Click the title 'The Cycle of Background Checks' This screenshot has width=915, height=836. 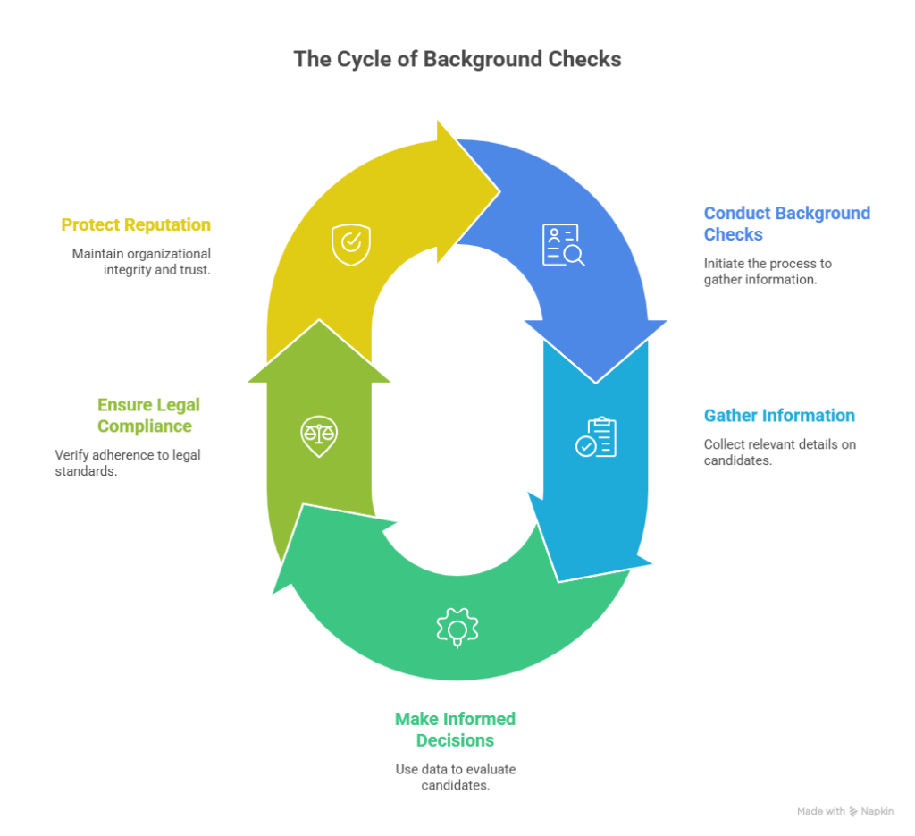tap(457, 59)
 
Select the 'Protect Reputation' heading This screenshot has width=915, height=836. tap(136, 224)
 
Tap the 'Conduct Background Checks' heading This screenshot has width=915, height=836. tap(786, 224)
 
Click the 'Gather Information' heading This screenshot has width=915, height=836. tap(779, 416)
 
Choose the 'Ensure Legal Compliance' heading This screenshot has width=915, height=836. tap(148, 416)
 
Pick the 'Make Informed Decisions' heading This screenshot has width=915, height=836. tap(455, 730)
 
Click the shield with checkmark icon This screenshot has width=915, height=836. tap(350, 245)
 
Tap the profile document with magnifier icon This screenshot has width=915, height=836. tap(563, 245)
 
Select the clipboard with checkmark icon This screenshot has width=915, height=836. tap(596, 436)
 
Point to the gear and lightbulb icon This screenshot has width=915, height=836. tap(457, 628)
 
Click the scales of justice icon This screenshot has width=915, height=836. tap(319, 436)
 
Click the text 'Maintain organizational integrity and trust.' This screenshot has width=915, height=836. tap(141, 262)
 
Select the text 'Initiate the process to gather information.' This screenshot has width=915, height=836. tap(768, 272)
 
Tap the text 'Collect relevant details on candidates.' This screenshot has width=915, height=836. tap(779, 452)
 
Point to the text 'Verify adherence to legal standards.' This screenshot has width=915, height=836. tap(128, 463)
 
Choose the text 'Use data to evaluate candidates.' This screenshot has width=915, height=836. tap(455, 777)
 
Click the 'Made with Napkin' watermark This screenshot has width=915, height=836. tap(845, 812)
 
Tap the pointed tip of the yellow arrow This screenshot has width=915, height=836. tap(500, 191)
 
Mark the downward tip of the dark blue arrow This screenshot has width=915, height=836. tap(596, 383)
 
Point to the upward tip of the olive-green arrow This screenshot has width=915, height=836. tap(319, 320)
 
